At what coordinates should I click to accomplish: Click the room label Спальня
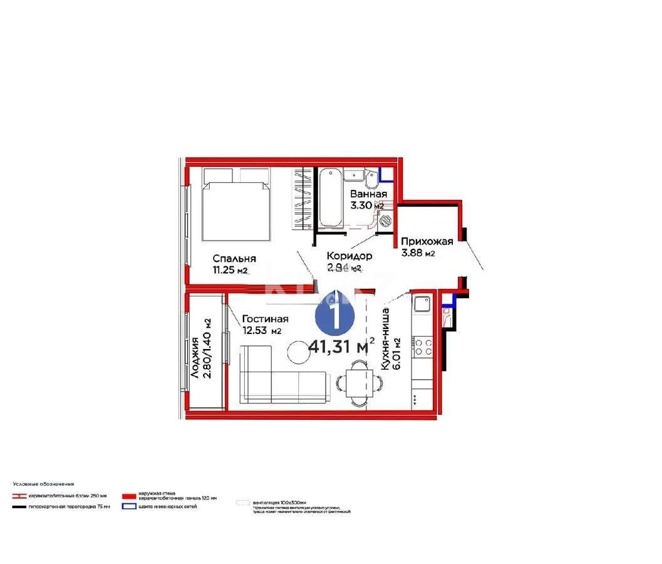pos(234,258)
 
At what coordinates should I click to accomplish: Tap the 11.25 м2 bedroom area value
pos(230,271)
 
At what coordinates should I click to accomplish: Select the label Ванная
pos(368,194)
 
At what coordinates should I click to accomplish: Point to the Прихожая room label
pos(423,241)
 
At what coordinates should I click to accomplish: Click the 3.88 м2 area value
pos(418,253)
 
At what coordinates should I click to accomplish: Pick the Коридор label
pos(349,256)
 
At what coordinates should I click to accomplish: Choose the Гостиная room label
pos(265,318)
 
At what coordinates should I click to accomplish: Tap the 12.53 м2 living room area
pos(262,331)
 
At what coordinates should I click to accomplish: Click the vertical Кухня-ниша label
pos(386,338)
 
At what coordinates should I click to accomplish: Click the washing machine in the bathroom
pos(384,221)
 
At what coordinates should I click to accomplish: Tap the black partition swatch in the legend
pos(19,506)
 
